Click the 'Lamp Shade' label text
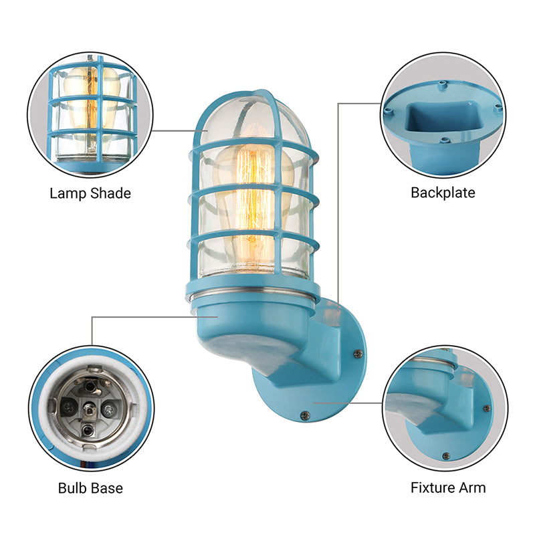pos(90,193)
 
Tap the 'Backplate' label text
pos(443,193)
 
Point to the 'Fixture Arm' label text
pos(448,487)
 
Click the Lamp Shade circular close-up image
pos(90,110)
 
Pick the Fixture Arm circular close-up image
pos(444,407)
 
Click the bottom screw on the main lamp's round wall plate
pos(305,415)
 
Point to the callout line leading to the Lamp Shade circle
pos(174,130)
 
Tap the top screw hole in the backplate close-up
pos(443,84)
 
